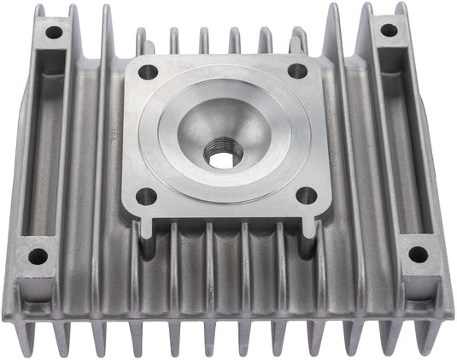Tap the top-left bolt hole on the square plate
148,73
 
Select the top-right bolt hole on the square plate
296,71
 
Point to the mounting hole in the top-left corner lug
54,33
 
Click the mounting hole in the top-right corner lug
389,30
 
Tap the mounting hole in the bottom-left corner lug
38,256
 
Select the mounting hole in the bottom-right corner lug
418,254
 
